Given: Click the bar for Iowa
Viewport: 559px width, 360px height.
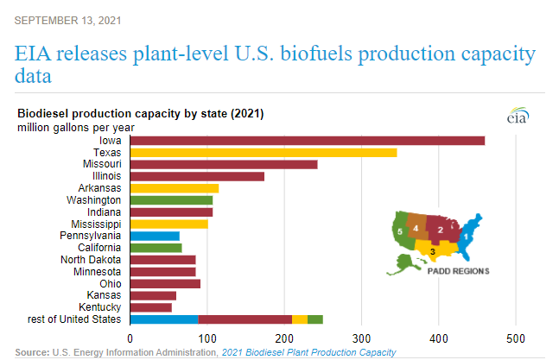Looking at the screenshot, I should [307, 141].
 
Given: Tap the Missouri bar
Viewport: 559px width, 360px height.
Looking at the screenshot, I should [224, 164].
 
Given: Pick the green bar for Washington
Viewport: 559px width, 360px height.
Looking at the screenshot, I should [171, 200].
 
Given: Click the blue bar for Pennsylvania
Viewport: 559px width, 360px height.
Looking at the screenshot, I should [155, 236].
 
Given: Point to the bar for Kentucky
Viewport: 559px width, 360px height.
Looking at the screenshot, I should [151, 307].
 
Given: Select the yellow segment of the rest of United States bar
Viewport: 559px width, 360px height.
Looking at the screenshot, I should [300, 319].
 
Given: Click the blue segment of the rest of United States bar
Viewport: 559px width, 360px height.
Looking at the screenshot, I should [164, 319].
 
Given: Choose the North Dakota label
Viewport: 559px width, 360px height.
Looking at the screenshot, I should [92, 260].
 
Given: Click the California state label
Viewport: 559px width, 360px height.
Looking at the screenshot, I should [99, 248].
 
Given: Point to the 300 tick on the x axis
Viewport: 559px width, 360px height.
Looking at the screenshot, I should [361, 338].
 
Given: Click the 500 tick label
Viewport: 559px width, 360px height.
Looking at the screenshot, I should [516, 338].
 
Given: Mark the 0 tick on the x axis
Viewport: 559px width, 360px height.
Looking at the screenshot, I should [130, 338].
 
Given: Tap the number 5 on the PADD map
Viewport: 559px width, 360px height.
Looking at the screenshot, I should [400, 231].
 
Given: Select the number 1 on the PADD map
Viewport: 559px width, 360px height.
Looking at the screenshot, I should [467, 234].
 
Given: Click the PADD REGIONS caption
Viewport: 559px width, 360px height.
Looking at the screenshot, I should [458, 270].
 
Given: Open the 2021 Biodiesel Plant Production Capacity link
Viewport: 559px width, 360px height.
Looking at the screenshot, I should [308, 352].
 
